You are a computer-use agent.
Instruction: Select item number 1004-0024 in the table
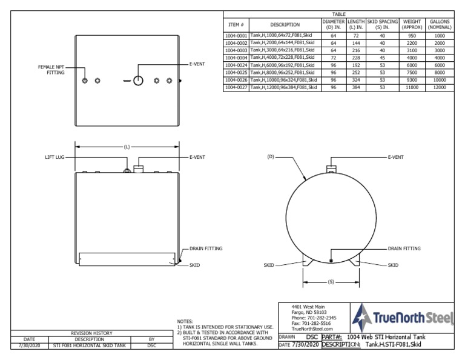tap(236, 65)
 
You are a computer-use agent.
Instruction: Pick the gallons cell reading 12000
tap(439, 87)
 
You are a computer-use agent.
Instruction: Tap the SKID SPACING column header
tap(382, 24)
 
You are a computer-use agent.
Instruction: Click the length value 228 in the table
tap(355, 58)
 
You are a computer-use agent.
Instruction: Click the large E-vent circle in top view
tap(138, 81)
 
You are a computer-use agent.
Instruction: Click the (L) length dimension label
tap(127, 146)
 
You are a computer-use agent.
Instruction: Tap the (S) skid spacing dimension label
tap(331, 282)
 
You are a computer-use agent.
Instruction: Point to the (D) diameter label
tap(271, 156)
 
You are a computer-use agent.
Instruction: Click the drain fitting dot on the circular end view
tap(331, 261)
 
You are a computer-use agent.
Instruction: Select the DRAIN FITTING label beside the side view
tap(206, 248)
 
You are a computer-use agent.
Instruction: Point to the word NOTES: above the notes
tap(185, 321)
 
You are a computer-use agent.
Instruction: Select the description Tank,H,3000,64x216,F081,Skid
tap(285, 50)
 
